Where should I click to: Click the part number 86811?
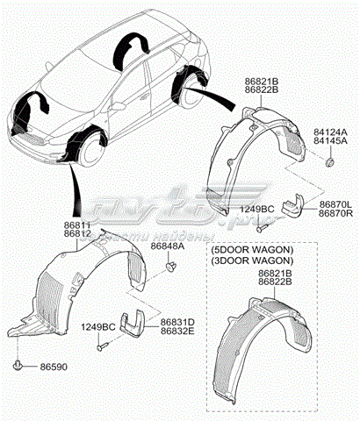tap(76, 226)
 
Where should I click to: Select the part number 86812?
tap(76, 235)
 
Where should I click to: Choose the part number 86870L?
tap(336, 203)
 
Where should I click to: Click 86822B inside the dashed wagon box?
tap(276, 282)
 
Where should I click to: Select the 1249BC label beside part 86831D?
tap(98, 328)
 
